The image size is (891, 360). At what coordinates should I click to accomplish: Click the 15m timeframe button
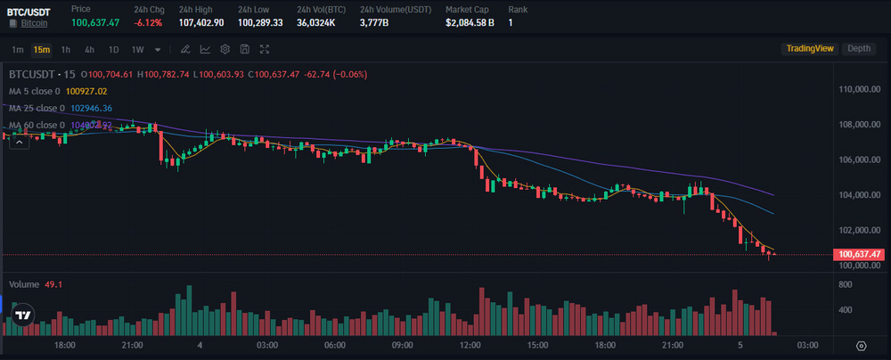(41, 49)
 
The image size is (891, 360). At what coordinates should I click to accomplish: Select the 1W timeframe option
(137, 49)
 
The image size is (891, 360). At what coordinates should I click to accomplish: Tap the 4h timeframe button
(89, 49)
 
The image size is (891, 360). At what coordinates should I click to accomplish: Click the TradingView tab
(808, 49)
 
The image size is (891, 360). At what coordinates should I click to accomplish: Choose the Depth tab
(859, 49)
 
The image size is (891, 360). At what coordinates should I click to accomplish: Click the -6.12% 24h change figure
(148, 21)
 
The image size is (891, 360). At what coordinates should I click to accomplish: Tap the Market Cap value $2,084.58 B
(470, 21)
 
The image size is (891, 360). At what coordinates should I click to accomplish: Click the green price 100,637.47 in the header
(95, 21)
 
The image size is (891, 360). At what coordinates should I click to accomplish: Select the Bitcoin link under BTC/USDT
(34, 21)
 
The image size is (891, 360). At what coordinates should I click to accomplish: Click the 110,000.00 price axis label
(860, 89)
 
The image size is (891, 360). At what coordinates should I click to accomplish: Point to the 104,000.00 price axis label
(860, 194)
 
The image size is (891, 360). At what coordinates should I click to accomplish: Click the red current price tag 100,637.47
(860, 255)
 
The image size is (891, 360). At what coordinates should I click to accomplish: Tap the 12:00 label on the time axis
(470, 345)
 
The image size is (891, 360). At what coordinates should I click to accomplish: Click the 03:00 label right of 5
(808, 345)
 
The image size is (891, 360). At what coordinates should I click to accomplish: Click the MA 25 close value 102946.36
(91, 108)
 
